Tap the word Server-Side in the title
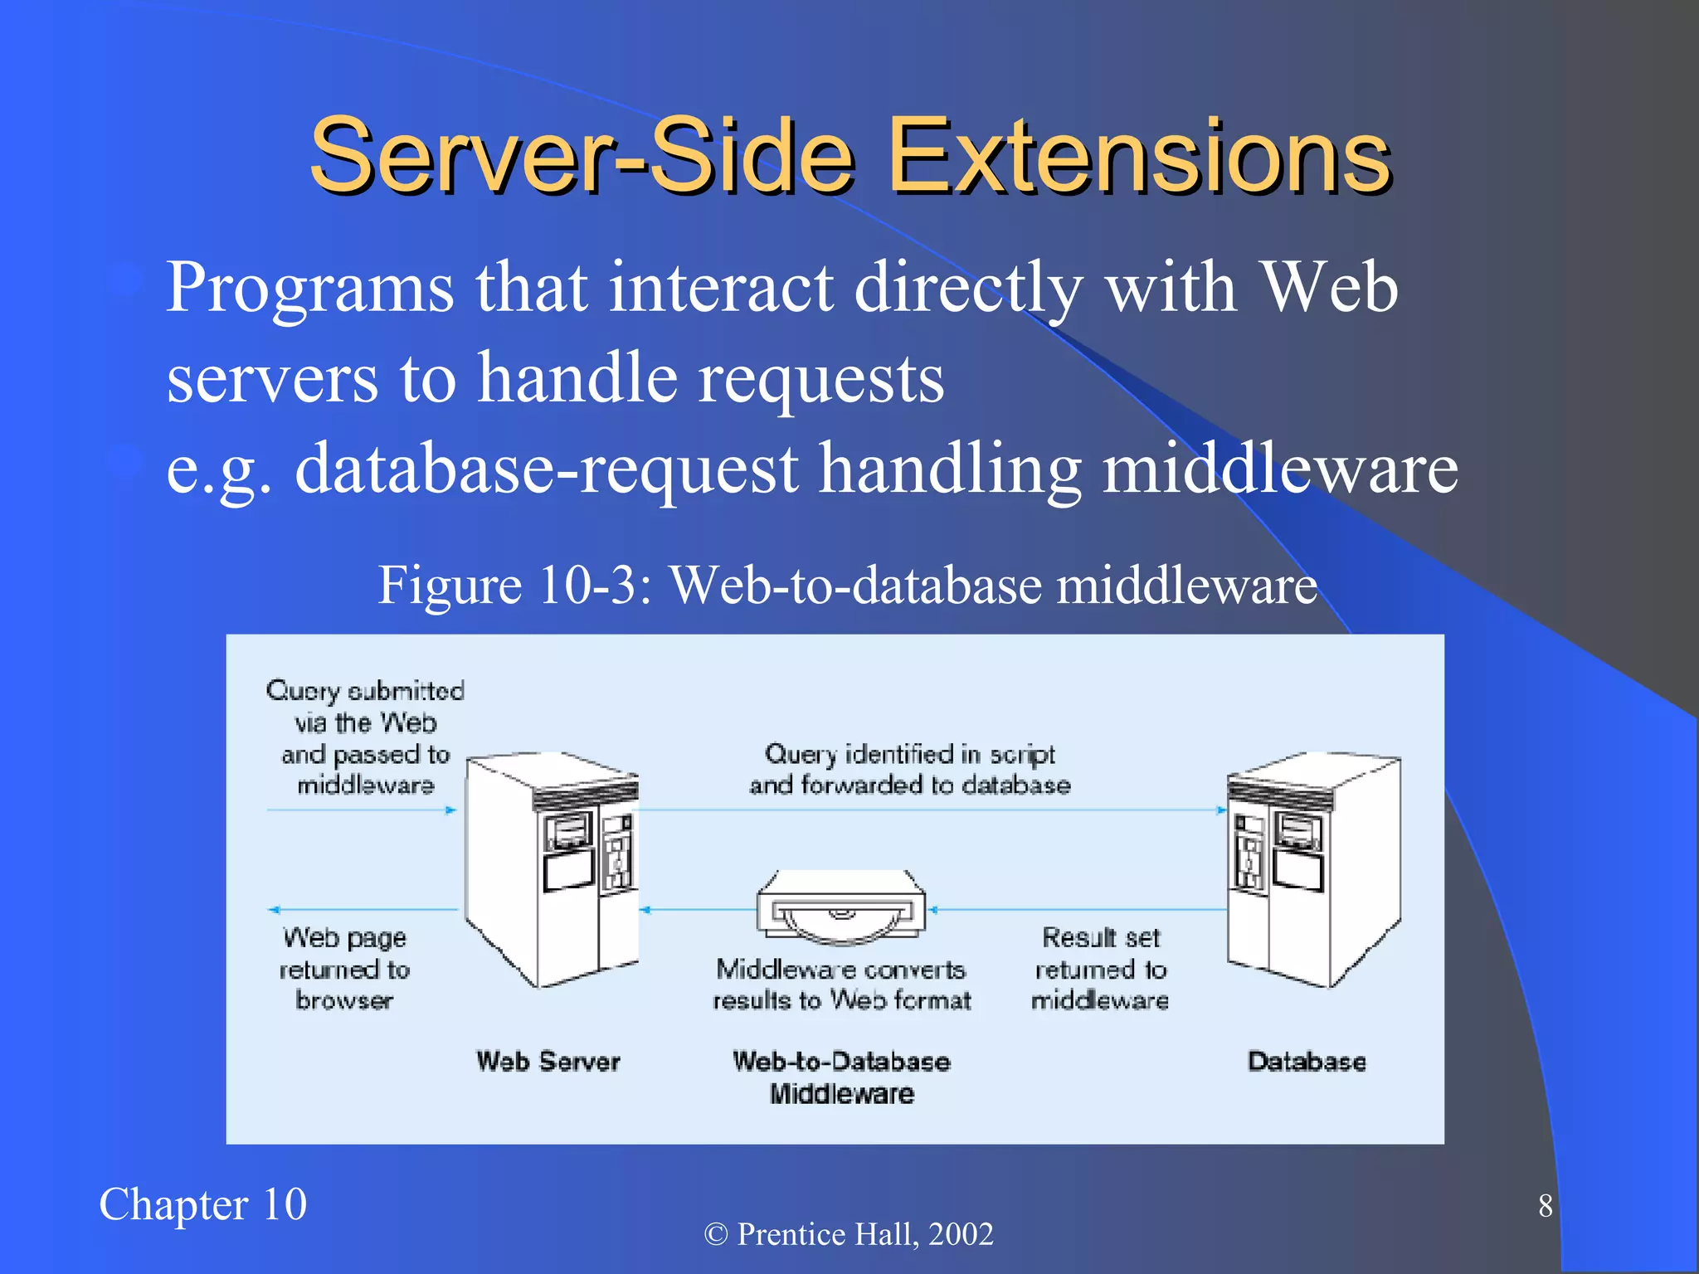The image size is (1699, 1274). click(582, 156)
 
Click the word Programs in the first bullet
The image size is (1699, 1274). click(309, 288)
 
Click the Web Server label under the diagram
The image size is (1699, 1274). click(548, 1062)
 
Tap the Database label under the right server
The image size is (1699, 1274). click(1307, 1062)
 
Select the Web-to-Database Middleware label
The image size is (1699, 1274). click(841, 1077)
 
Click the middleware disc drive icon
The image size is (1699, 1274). click(841, 908)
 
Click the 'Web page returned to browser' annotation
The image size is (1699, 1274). click(344, 969)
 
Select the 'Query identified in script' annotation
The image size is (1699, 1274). click(909, 769)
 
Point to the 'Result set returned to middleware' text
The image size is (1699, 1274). click(1100, 969)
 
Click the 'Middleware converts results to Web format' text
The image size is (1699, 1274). click(841, 985)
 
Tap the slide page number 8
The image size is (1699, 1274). click(1545, 1206)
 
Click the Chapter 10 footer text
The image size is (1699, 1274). click(202, 1204)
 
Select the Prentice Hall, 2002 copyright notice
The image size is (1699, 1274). click(849, 1234)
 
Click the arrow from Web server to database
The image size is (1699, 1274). click(929, 810)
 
